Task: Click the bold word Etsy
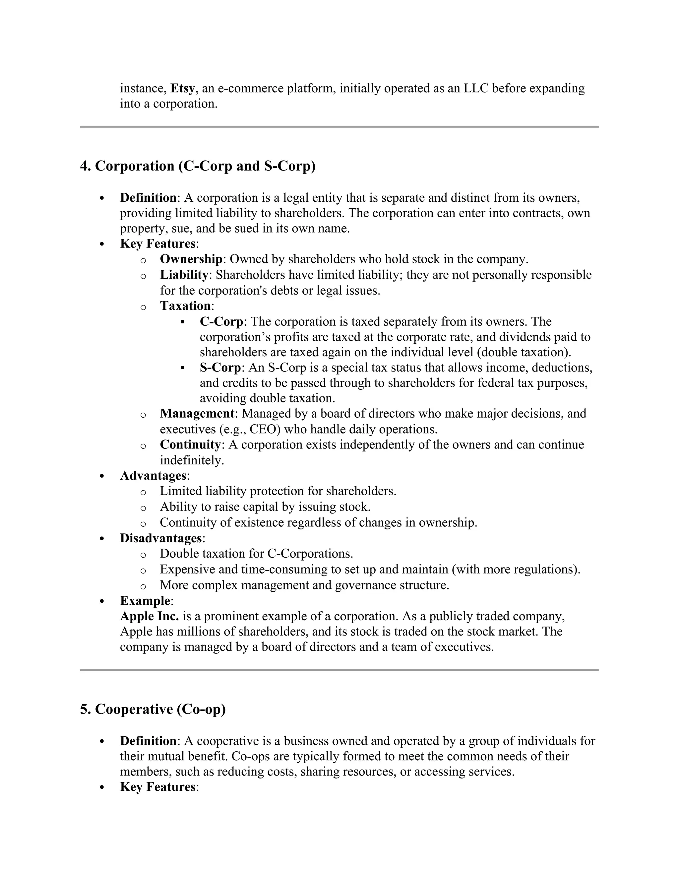[183, 88]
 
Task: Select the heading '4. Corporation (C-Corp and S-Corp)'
[198, 166]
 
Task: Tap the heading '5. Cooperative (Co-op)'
[153, 709]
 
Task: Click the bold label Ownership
[191, 259]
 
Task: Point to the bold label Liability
[184, 275]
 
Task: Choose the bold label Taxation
[185, 306]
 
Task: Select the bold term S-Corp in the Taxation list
[220, 368]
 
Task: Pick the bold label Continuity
[190, 445]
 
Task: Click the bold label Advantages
[153, 476]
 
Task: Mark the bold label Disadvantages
[161, 538]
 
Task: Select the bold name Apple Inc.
[149, 616]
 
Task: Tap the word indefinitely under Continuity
[192, 460]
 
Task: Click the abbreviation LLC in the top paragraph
[476, 88]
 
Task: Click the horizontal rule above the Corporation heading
[339, 127]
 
